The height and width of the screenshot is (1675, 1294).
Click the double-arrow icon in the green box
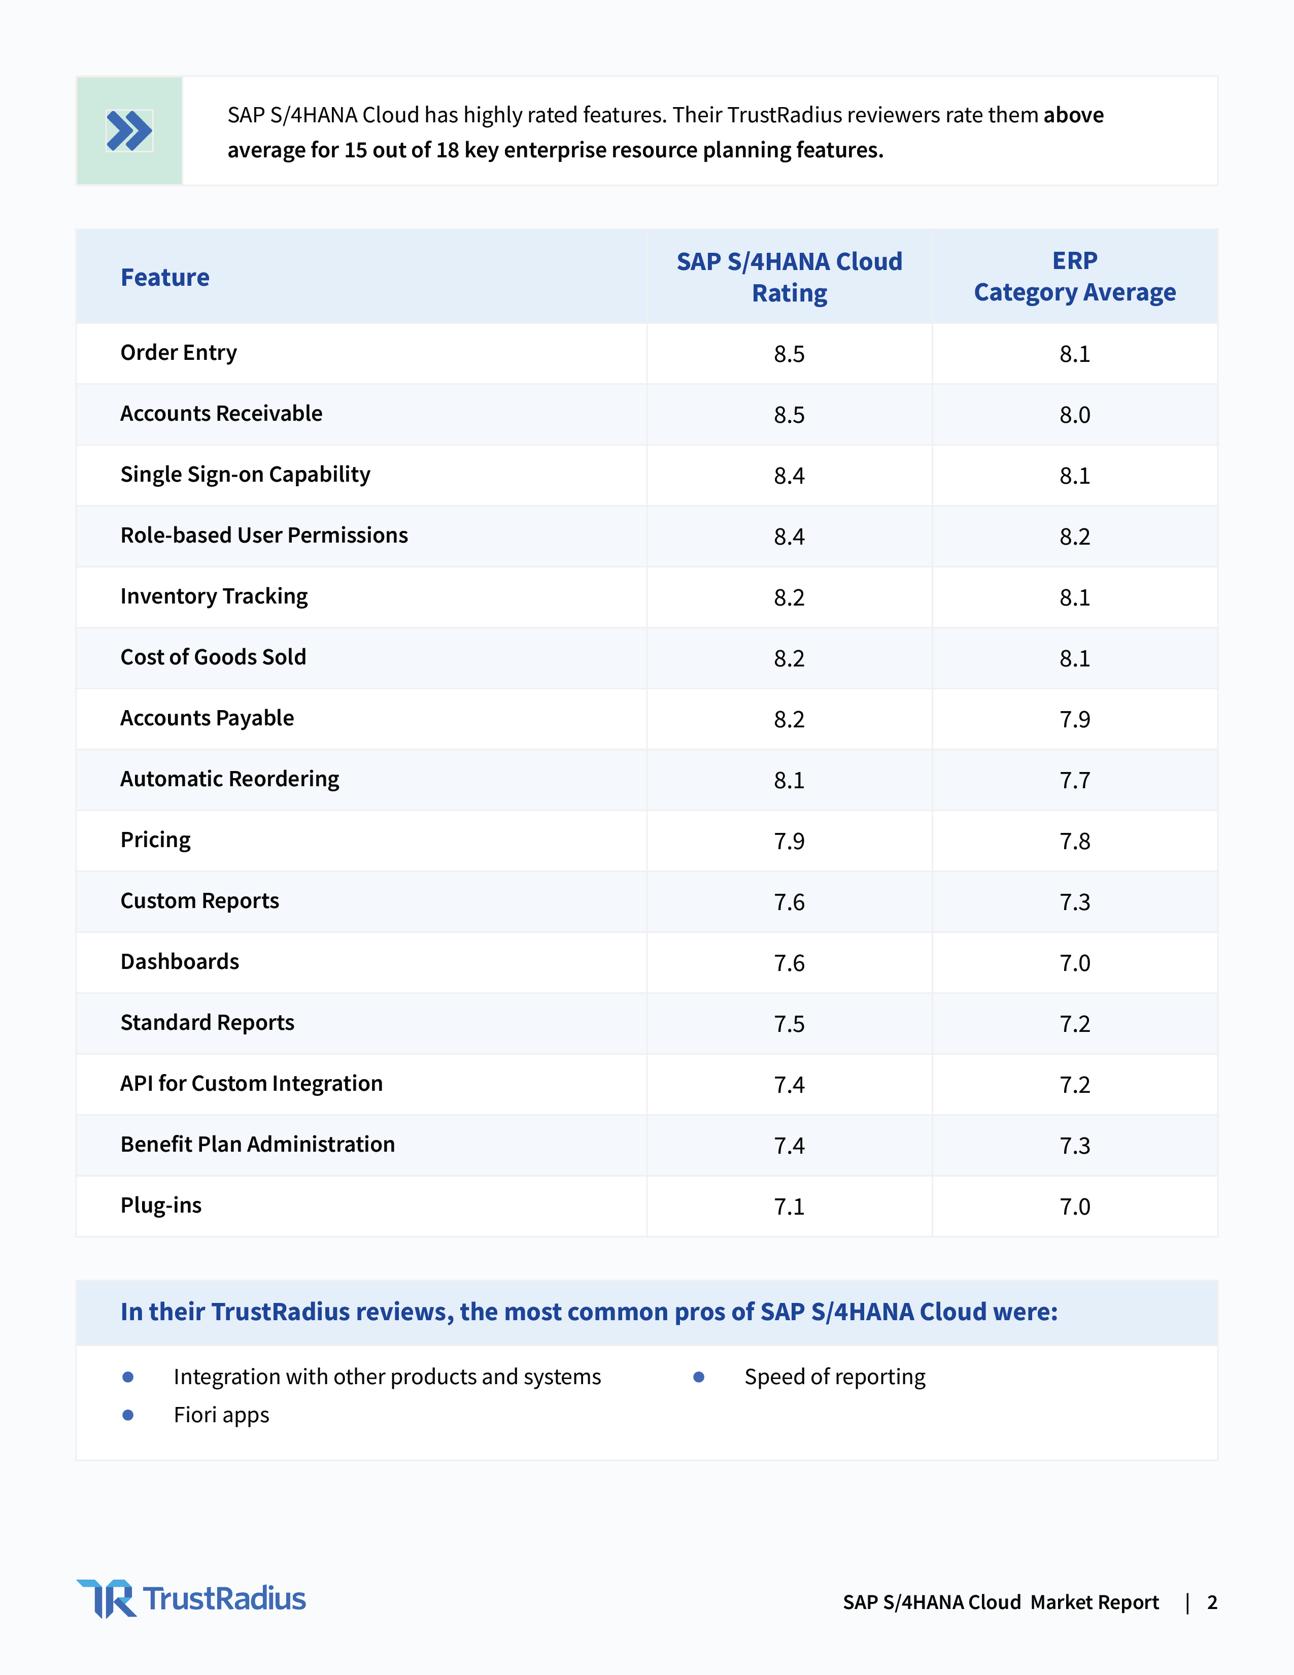[129, 130]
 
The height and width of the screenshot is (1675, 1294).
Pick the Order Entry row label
[179, 353]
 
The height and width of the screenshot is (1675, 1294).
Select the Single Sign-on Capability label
[245, 475]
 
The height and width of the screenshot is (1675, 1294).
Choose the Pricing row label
[156, 841]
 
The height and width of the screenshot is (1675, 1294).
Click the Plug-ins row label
[161, 1205]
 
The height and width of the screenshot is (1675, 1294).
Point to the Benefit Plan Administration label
[258, 1144]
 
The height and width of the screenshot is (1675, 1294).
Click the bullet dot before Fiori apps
[128, 1415]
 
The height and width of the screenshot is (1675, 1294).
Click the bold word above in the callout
[1073, 115]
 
